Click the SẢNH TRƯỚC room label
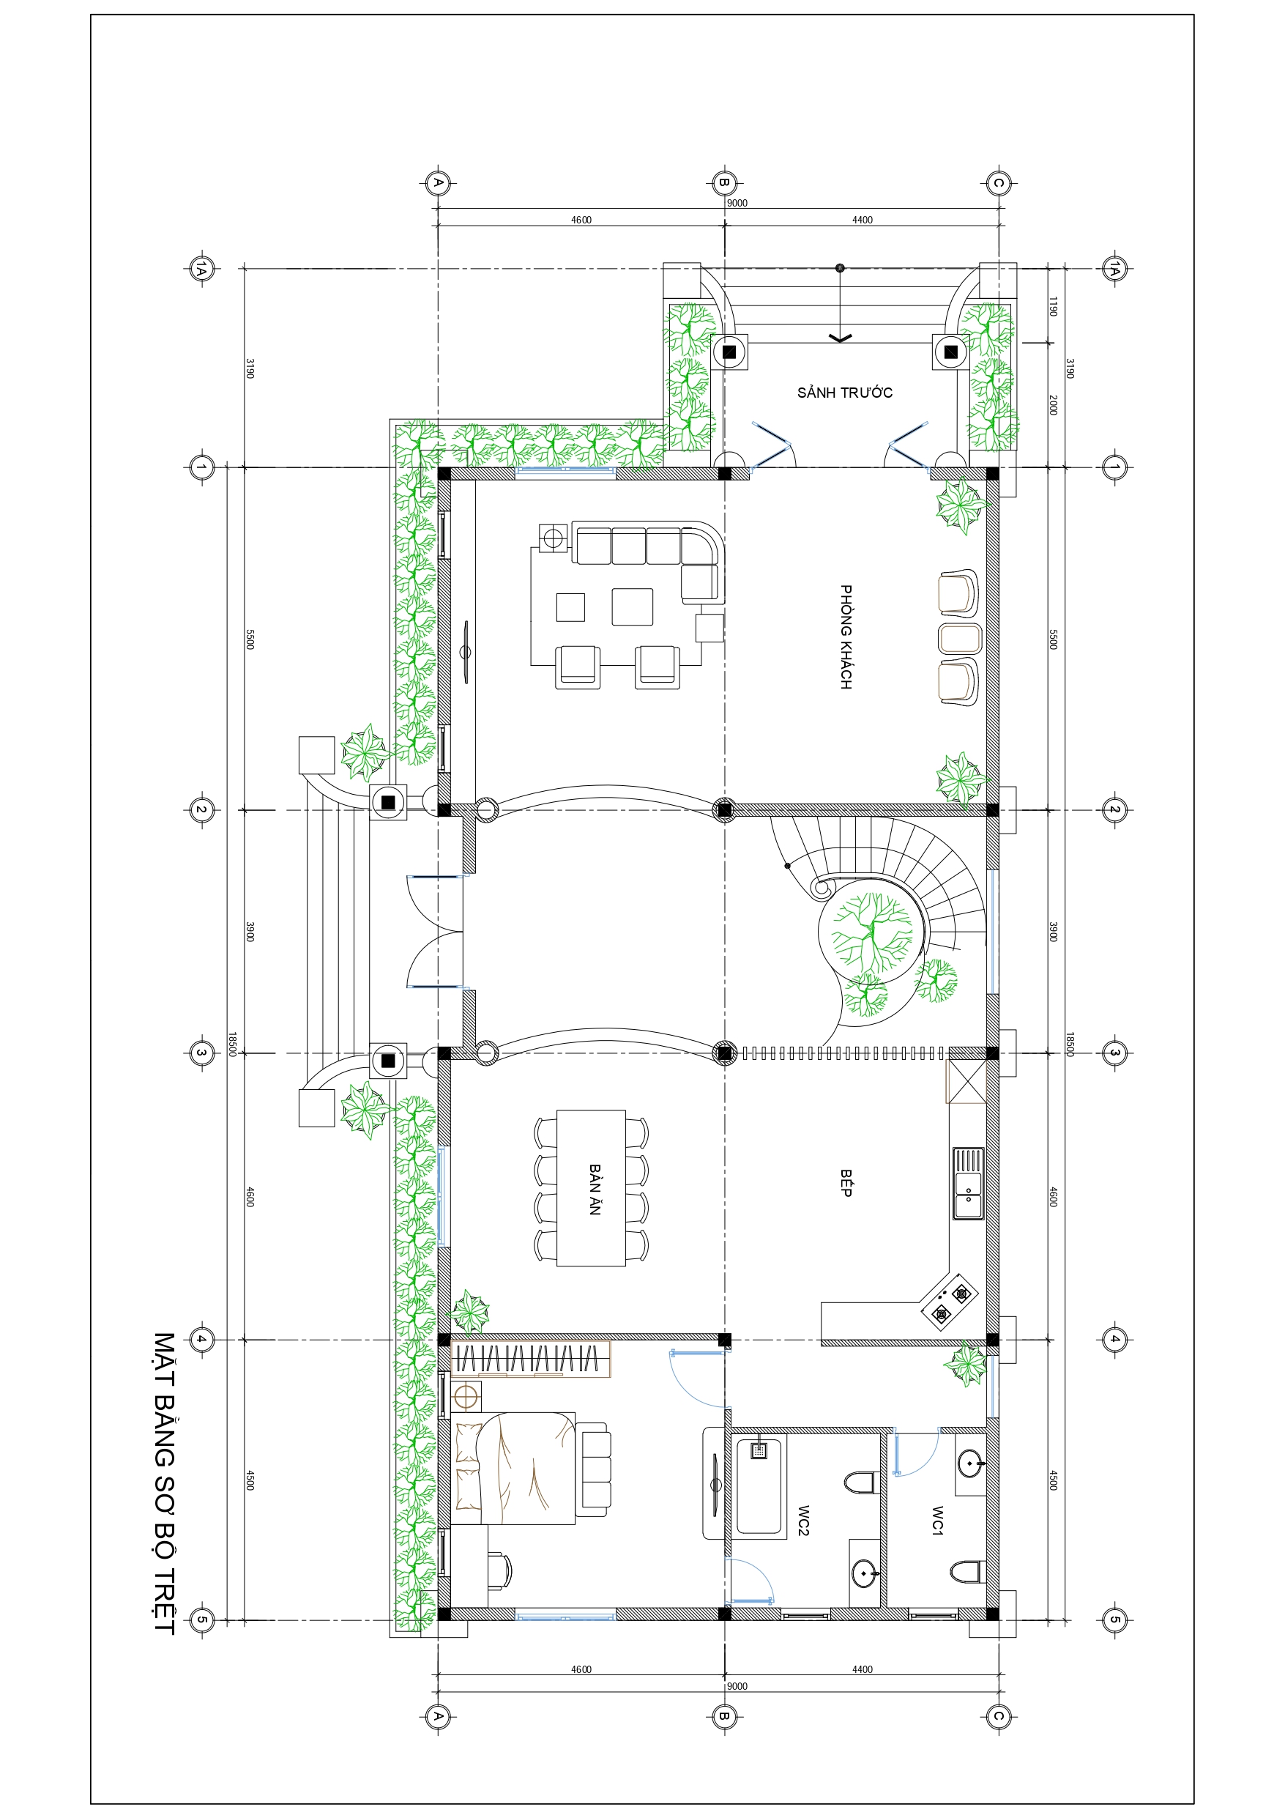(844, 392)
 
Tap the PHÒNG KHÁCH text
(846, 637)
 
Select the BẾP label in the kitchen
(846, 1183)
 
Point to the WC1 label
(937, 1521)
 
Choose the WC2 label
(802, 1521)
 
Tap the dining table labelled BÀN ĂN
(592, 1189)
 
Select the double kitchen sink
(968, 1184)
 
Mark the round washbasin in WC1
(970, 1464)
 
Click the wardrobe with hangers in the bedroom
(530, 1359)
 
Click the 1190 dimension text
(1053, 306)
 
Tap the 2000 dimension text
(1053, 405)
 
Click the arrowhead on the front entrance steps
(840, 338)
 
